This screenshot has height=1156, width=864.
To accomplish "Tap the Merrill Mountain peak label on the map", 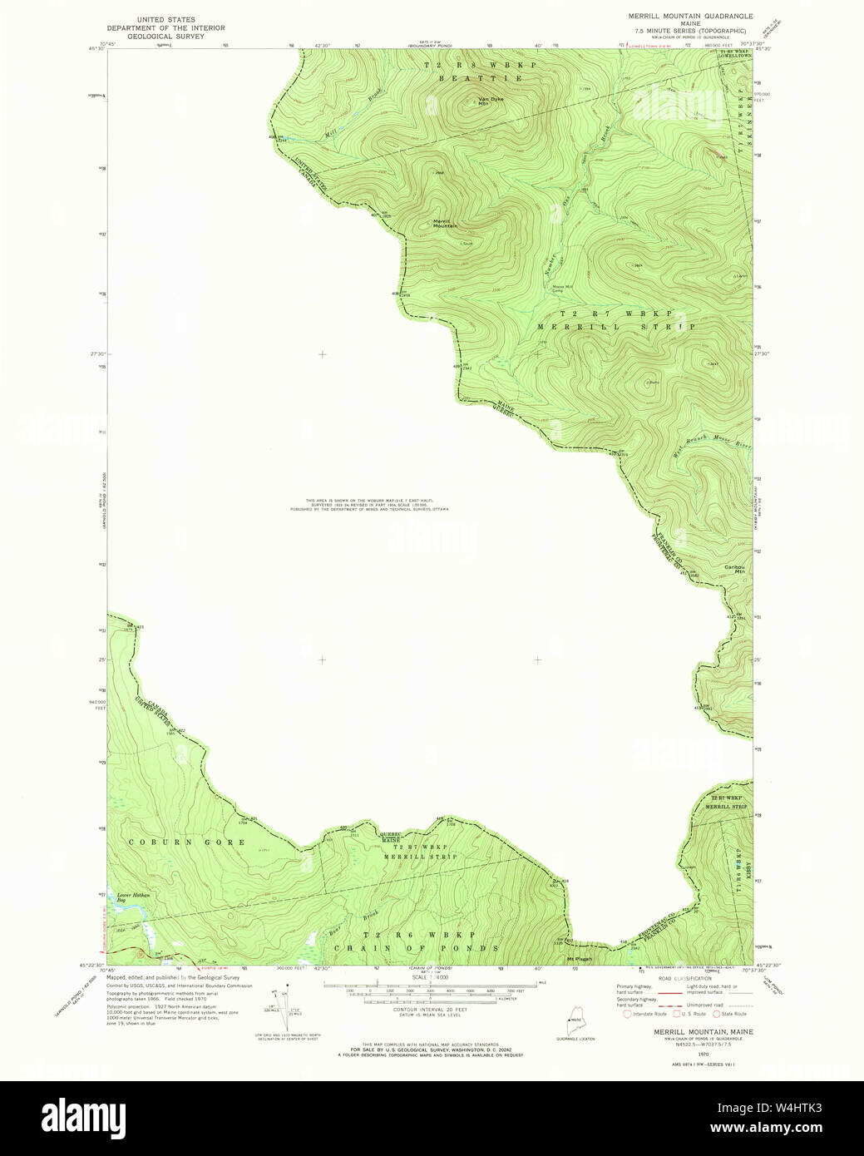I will [445, 224].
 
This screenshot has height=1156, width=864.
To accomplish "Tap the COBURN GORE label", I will [186, 842].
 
